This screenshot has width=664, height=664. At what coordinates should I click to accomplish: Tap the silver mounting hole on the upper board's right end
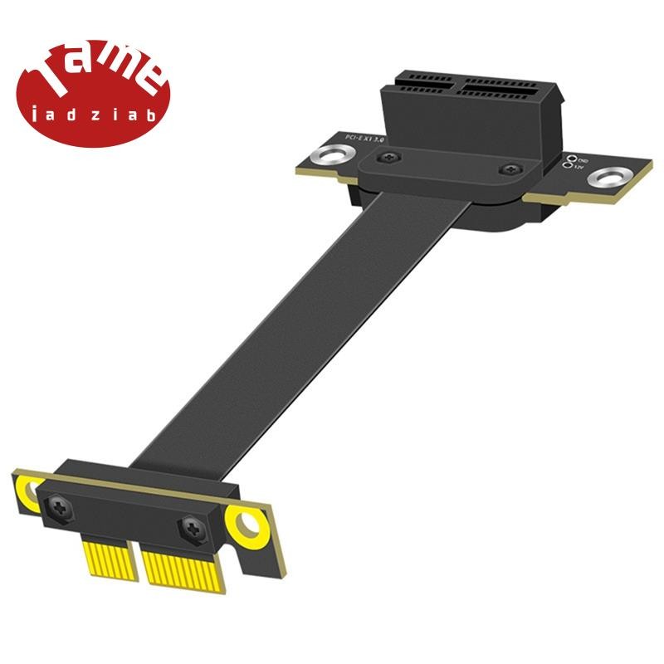614,176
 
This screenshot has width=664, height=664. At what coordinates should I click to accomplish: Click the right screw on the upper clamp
506,170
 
